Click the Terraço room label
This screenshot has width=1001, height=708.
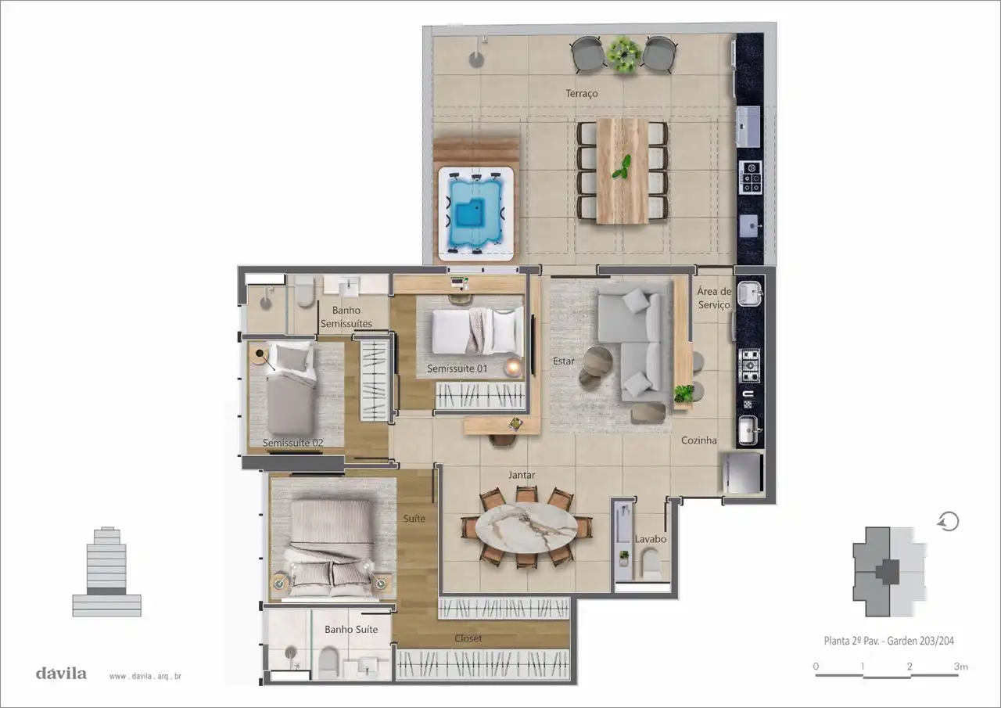click(581, 93)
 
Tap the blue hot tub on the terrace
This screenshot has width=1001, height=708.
click(476, 214)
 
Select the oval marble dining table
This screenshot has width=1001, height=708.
click(526, 527)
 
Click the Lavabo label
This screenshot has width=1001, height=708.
click(650, 539)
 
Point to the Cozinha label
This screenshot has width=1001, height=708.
click(698, 440)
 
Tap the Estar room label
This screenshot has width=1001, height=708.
click(564, 361)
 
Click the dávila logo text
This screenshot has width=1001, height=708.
click(61, 673)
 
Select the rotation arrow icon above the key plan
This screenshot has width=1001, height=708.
click(949, 522)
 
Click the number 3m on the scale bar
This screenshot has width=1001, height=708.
click(961, 667)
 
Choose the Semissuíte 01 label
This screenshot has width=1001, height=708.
click(457, 368)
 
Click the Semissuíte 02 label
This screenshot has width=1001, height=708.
click(292, 443)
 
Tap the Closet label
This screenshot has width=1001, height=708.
click(468, 638)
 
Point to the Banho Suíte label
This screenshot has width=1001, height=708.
click(351, 629)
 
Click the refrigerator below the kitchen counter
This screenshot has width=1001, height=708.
click(741, 473)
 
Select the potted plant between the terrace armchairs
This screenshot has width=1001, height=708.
click(624, 54)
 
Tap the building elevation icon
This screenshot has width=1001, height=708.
click(107, 572)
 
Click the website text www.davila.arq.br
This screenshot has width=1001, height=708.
click(145, 676)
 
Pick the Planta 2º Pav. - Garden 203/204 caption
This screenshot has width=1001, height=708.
click(889, 641)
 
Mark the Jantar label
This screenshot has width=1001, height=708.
click(521, 475)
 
